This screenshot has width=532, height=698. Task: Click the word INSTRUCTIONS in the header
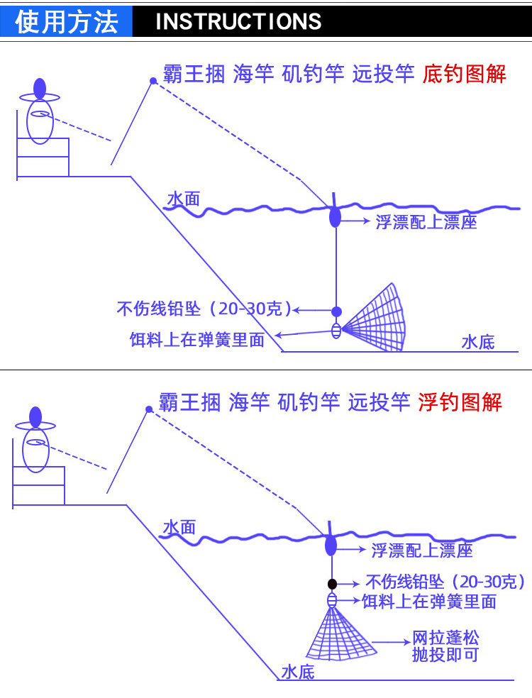tap(238, 21)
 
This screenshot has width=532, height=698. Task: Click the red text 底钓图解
tap(465, 74)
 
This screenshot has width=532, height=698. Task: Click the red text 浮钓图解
tap(460, 402)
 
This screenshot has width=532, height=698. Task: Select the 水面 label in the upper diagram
tap(183, 199)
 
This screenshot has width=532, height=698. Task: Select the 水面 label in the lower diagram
tap(179, 527)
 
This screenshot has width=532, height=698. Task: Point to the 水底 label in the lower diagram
tap(297, 672)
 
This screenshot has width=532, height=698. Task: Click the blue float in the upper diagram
tap(335, 216)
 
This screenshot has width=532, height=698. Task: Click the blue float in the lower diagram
tap(331, 546)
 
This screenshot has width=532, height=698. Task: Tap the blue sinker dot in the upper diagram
tap(337, 311)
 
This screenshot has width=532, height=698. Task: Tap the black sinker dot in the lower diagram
tap(331, 584)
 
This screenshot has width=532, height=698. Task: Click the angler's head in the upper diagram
tap(40, 88)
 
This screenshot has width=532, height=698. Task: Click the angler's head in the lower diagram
tap(35, 416)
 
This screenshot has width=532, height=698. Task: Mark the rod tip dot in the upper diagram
tap(153, 81)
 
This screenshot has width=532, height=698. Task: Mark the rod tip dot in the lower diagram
tap(148, 409)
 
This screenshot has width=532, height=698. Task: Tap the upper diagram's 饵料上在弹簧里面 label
tap(196, 340)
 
